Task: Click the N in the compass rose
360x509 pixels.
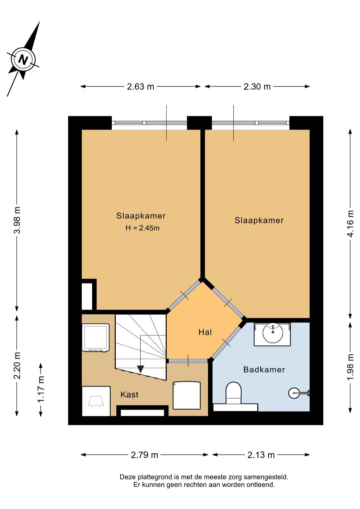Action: (23, 60)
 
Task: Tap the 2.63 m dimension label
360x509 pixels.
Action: (140, 87)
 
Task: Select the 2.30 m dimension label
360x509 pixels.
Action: (257, 87)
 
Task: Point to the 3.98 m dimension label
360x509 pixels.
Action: (17, 220)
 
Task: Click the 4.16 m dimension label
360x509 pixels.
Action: (350, 224)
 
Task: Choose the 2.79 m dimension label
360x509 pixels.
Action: (144, 455)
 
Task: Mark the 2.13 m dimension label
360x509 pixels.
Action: (261, 455)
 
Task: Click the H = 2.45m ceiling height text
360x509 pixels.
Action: (143, 228)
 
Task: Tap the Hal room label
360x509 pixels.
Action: (205, 333)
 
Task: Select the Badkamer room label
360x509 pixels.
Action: (264, 370)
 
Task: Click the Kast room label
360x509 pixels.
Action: (129, 395)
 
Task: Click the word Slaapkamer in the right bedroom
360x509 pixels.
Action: (259, 220)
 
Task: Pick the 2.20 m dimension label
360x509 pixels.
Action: (17, 366)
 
